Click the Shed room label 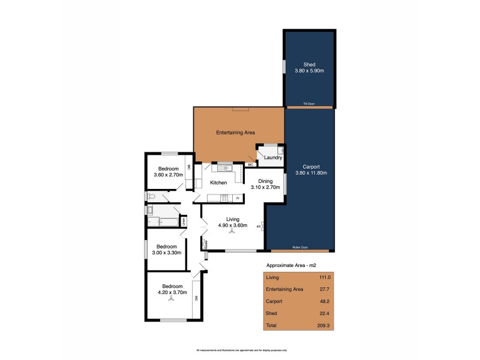(309, 64)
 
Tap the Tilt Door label (309, 104)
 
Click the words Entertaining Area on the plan (236, 132)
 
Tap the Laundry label (273, 158)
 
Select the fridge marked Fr (238, 198)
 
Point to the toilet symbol (151, 196)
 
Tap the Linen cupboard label (184, 221)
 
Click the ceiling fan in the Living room (232, 232)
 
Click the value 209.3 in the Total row (323, 325)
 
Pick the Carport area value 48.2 (323, 301)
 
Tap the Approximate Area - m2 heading (290, 265)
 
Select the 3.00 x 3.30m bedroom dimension (167, 253)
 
